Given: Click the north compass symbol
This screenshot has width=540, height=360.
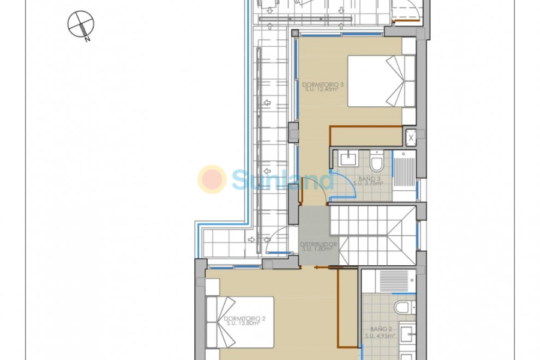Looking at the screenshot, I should (x=81, y=25).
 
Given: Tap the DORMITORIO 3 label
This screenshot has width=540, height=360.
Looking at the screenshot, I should (x=323, y=85).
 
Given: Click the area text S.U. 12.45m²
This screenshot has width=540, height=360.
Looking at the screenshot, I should (x=323, y=91).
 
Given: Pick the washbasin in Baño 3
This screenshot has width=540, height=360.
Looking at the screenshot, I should (x=347, y=159).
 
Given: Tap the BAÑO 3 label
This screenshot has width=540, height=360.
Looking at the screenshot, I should (x=370, y=178).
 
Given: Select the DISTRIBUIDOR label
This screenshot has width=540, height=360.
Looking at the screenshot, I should (x=319, y=244).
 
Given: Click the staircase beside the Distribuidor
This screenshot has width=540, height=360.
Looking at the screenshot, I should (x=373, y=235).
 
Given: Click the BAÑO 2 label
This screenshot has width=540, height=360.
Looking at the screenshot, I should (x=379, y=329).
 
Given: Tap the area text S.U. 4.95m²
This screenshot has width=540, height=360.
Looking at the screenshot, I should (x=379, y=336).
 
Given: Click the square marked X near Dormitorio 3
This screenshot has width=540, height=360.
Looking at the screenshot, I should (x=410, y=137).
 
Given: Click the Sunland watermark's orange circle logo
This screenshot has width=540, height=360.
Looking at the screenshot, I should (x=212, y=179).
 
